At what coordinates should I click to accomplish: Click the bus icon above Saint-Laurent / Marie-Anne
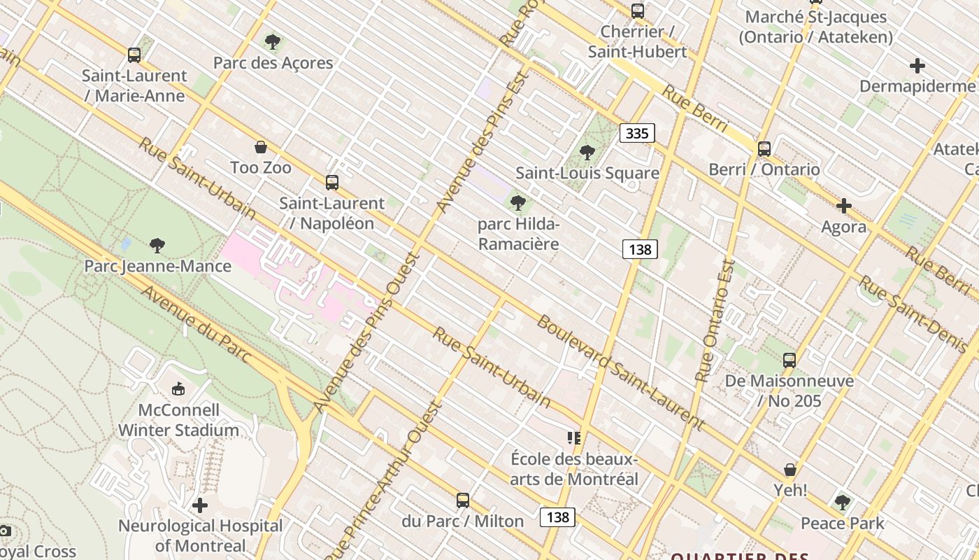pos(134,55)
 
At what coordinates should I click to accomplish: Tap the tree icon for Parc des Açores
pos(273,42)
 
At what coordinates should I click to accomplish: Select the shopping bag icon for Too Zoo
pos(261,147)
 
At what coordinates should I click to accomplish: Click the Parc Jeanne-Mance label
pos(157,266)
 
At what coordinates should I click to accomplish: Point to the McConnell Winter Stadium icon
pos(178,388)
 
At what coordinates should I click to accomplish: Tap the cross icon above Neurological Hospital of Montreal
pos(200,505)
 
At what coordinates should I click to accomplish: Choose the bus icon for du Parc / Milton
pos(462,500)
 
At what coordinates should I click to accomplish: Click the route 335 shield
pos(637,133)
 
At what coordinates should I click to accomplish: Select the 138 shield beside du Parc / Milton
pos(557,517)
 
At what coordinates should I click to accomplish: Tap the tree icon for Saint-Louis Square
pos(587,152)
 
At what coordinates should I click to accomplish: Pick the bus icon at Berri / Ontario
pos(764,148)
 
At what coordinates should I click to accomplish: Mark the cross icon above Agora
pos(844,206)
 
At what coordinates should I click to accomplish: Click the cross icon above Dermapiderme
pos(917,66)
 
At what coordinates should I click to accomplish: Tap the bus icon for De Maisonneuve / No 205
pos(789,360)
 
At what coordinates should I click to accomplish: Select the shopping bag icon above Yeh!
pos(790,470)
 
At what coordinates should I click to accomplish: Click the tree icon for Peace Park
pos(843,502)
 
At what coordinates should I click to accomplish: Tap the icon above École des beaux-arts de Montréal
pos(574,438)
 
